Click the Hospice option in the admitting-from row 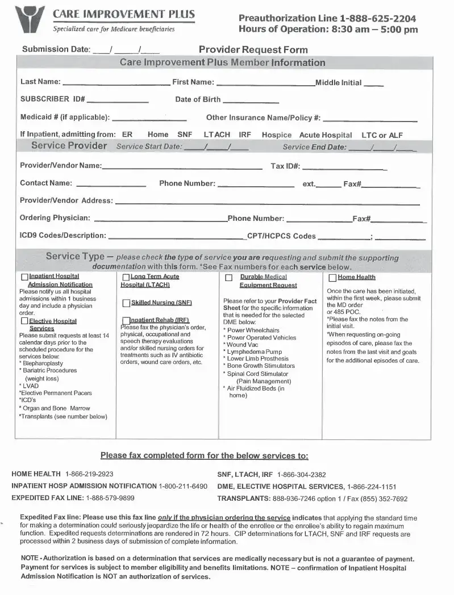[x=276, y=135]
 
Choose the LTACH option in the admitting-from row [x=216, y=135]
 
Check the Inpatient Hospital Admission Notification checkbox [x=24, y=277]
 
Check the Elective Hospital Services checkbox [x=24, y=321]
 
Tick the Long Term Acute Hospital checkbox [x=126, y=277]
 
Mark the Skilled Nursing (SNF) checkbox [x=127, y=303]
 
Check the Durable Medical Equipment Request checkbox [x=228, y=278]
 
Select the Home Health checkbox [x=332, y=278]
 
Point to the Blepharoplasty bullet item [x=43, y=363]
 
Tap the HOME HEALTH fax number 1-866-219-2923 [x=89, y=474]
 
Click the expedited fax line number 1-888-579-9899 [x=110, y=498]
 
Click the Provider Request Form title [x=253, y=49]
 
